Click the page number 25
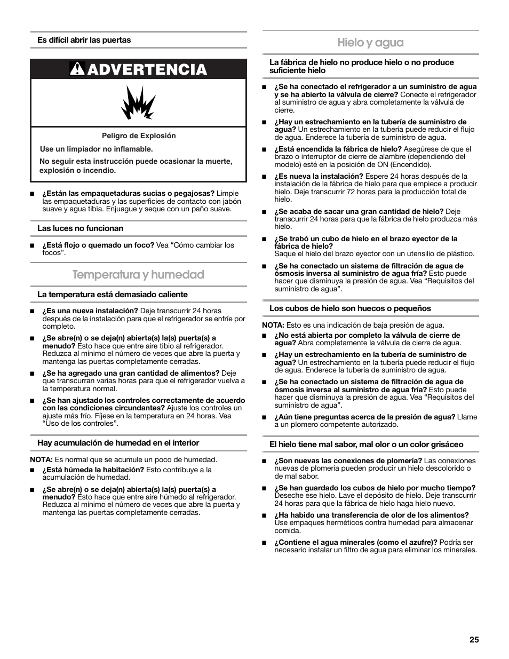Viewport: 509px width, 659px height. [x=474, y=640]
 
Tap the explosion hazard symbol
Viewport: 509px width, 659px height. [x=138, y=102]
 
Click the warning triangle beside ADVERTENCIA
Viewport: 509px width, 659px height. [x=77, y=69]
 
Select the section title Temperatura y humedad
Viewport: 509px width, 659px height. [x=138, y=274]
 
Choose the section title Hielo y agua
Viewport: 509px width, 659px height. [x=370, y=42]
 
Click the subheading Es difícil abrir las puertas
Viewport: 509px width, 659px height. [x=84, y=40]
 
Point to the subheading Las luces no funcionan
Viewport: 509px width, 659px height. [x=80, y=228]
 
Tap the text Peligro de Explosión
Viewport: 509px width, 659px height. [x=139, y=136]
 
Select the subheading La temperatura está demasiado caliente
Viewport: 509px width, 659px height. [x=112, y=295]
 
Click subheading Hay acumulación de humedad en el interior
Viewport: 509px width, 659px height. [x=118, y=443]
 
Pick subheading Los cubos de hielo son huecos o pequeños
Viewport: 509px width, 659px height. [x=350, y=308]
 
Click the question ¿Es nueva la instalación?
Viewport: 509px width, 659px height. [x=319, y=176]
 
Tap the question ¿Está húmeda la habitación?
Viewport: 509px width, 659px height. [x=93, y=470]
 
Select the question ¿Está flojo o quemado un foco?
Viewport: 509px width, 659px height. [x=98, y=245]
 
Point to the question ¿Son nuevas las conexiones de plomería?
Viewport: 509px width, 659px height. [x=348, y=460]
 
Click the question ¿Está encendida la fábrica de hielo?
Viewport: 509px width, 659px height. [x=338, y=149]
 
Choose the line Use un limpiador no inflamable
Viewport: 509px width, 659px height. [x=96, y=149]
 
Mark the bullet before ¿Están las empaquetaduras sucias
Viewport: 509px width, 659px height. [x=32, y=194]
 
